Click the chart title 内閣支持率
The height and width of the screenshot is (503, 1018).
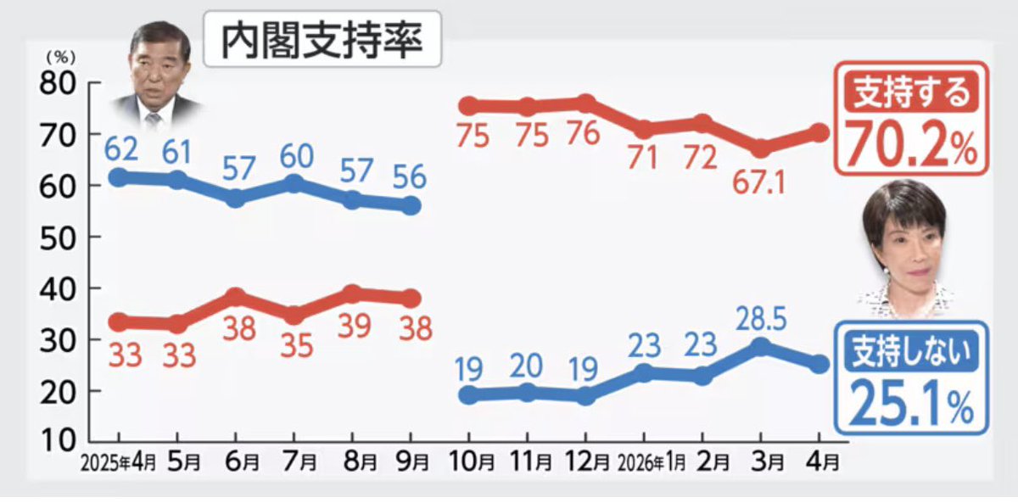tap(322, 40)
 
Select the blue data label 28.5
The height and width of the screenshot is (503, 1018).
tap(761, 321)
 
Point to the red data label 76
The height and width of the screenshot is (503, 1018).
tap(585, 135)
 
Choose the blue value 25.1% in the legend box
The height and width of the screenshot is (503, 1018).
tap(911, 405)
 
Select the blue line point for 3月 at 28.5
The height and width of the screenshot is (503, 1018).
tap(761, 347)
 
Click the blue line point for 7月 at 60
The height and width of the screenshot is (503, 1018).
tap(294, 183)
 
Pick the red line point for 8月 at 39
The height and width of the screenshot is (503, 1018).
tap(352, 294)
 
